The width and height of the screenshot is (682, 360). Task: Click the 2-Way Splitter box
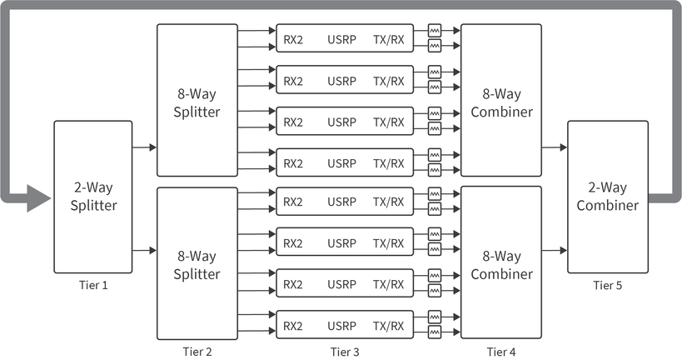[x=92, y=197]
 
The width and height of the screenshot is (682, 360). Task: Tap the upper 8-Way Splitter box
[x=197, y=100]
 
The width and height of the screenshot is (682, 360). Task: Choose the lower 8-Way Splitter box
[x=197, y=263]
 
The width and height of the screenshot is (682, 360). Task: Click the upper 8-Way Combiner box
[x=500, y=100]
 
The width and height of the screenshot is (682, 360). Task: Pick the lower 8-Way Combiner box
[x=500, y=263]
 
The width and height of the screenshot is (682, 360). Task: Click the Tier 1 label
[x=92, y=285]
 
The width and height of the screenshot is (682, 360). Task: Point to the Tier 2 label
[x=197, y=352]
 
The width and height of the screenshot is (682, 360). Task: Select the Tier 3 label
[x=345, y=352]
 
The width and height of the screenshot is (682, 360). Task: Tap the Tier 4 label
[x=500, y=352]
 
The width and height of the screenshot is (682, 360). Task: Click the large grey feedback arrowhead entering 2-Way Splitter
[x=37, y=197]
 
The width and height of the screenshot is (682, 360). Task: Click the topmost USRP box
[x=345, y=37]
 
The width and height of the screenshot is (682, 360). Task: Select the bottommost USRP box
[x=345, y=325]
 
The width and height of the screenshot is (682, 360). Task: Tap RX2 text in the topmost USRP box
[x=293, y=37]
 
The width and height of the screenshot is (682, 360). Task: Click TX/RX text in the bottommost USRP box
[x=388, y=325]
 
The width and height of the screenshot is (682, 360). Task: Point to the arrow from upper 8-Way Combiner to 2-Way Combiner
[x=554, y=147]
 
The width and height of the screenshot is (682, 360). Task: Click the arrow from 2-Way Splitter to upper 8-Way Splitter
[x=144, y=147]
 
